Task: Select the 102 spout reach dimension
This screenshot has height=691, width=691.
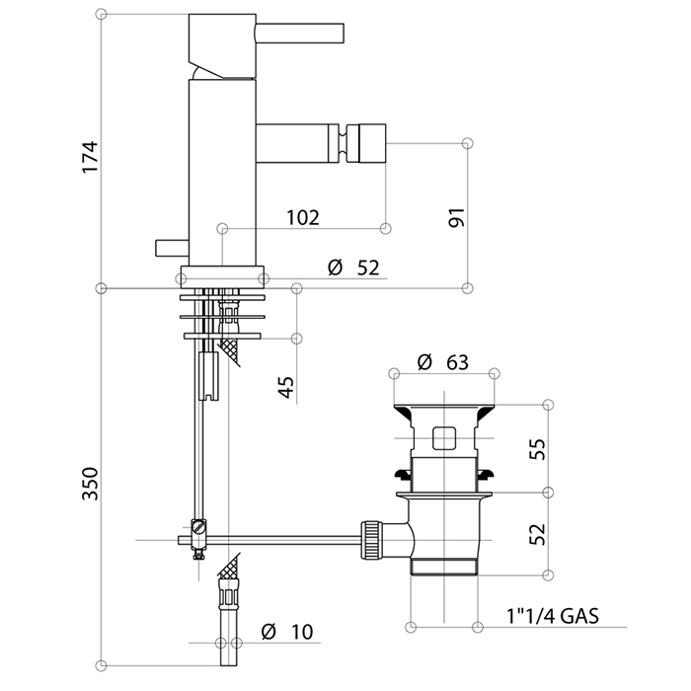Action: pos(302,218)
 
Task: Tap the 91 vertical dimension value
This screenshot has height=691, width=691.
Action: pos(456,218)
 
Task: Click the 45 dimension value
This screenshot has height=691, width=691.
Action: pos(286,383)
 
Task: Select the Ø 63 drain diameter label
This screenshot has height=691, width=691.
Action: pos(442,361)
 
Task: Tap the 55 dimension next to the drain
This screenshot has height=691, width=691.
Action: pos(537,450)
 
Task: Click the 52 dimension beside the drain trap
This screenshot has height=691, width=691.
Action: pos(537,534)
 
